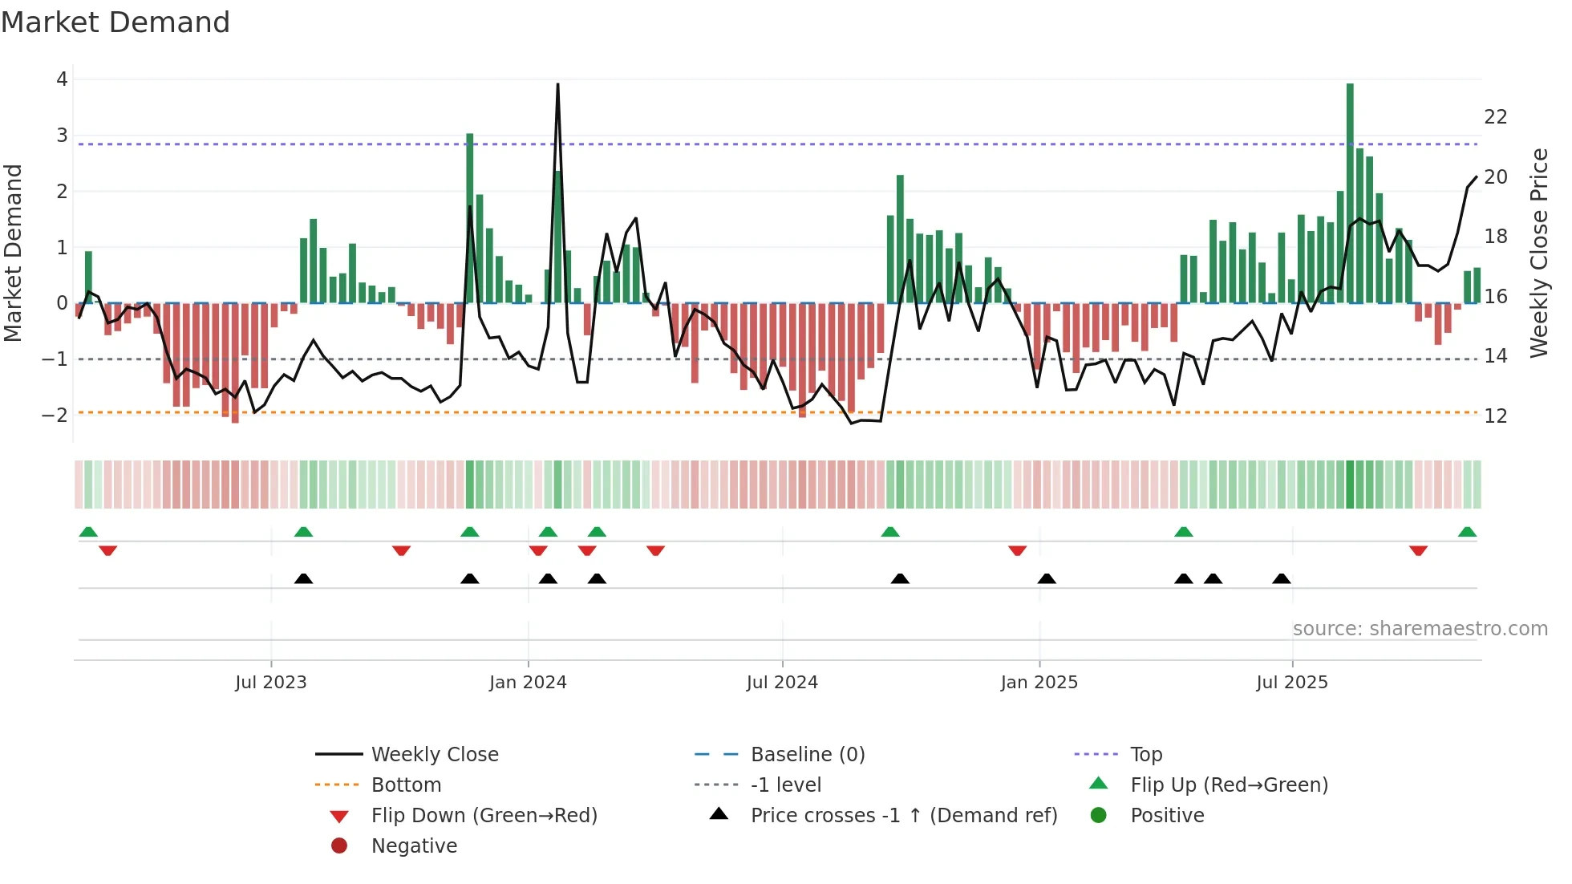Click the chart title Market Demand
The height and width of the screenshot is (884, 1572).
(x=115, y=22)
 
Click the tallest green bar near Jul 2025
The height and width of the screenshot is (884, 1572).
(x=1350, y=193)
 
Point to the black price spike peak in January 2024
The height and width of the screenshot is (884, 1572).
(x=557, y=85)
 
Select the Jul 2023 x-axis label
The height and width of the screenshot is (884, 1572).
(x=271, y=683)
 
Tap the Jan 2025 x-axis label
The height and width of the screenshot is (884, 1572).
(x=1039, y=683)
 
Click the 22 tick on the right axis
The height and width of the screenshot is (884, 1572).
(x=1495, y=117)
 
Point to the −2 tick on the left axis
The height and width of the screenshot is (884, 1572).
(x=55, y=415)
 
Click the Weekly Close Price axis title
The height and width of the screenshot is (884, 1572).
(x=1538, y=253)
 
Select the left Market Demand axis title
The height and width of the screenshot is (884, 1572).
(x=14, y=253)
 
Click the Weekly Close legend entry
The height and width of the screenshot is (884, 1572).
(x=434, y=755)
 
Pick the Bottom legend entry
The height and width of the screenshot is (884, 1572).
(x=406, y=785)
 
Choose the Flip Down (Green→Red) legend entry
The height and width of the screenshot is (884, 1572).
(x=484, y=816)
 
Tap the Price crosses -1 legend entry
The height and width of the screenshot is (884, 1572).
(x=903, y=816)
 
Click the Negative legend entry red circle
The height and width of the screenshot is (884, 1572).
(x=339, y=846)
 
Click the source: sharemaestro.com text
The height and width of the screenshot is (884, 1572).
(x=1420, y=629)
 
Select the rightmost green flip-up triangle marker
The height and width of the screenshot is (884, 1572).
(x=1467, y=532)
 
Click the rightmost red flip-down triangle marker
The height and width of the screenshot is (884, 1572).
(x=1418, y=551)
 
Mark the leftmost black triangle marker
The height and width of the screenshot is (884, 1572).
(x=303, y=578)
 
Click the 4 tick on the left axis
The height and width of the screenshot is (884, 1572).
(x=62, y=79)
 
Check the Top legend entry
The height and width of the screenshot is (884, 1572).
(x=1145, y=755)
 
